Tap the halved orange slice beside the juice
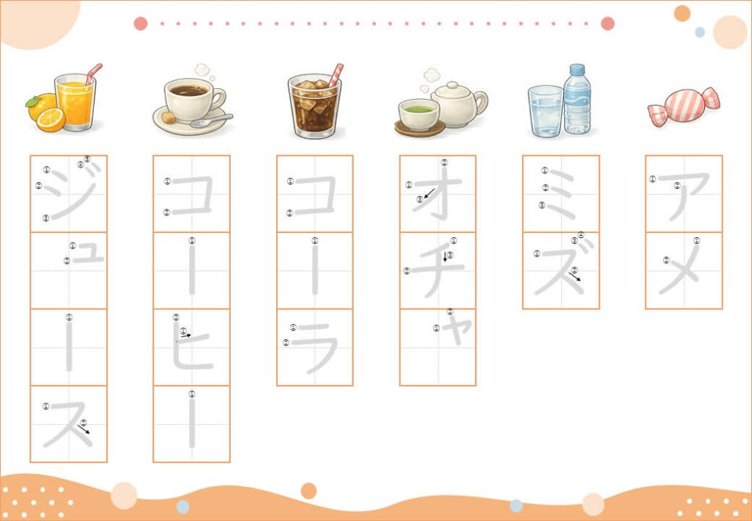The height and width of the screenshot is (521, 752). [51, 120]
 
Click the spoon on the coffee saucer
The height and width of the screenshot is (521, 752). [211, 121]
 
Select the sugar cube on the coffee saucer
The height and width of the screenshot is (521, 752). [168, 118]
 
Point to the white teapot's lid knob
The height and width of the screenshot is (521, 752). [452, 85]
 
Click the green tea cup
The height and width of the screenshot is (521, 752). [419, 115]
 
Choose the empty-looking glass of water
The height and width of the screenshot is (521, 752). [546, 111]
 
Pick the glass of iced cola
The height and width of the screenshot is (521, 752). [314, 106]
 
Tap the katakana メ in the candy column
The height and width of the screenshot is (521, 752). [679, 269]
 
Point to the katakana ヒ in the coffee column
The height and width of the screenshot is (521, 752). [192, 346]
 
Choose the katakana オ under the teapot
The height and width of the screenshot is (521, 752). [438, 193]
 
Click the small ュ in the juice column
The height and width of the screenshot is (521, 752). [88, 253]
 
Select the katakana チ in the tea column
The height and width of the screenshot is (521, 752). [438, 271]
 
